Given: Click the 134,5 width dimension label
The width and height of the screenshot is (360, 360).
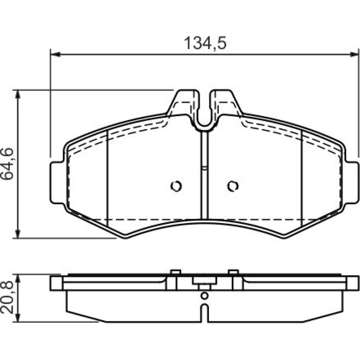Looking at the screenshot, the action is [x=205, y=43].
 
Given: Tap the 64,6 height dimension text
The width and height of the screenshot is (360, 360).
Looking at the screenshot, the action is [x=7, y=164].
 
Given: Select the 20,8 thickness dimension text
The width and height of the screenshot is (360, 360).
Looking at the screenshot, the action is [x=7, y=298].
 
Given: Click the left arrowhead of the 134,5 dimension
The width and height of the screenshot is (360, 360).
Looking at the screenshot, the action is [x=55, y=54].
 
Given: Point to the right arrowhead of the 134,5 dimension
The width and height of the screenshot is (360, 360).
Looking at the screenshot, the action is [x=353, y=54].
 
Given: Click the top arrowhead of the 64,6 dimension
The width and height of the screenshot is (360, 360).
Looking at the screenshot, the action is [x=17, y=94].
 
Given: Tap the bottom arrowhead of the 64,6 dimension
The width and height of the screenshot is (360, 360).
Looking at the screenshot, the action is [x=17, y=233].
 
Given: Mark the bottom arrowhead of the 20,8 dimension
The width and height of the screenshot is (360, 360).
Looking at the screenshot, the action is [x=17, y=317].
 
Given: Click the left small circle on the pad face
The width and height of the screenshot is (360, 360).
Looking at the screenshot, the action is [x=176, y=186].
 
